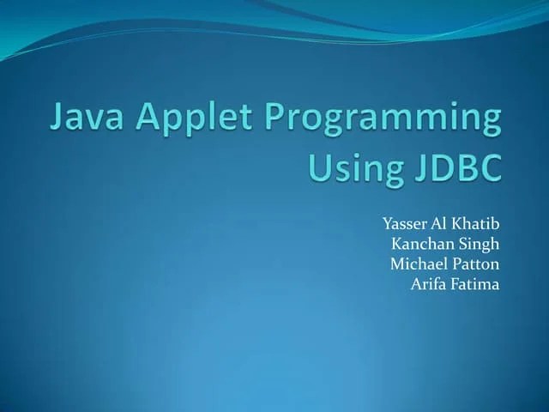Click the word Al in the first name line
coord(439,224)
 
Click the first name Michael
coord(419,264)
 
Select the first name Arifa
coord(431,283)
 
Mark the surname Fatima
coord(476,283)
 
